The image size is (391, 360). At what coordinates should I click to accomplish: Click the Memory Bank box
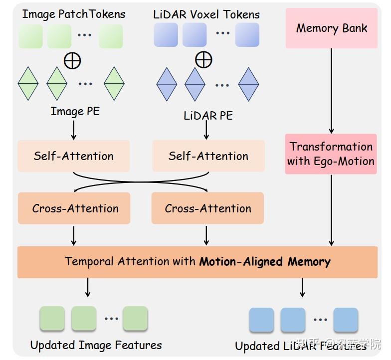(x=331, y=28)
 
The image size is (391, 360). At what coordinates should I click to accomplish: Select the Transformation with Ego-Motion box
(x=331, y=154)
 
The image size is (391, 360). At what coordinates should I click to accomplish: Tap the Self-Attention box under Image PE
(x=74, y=156)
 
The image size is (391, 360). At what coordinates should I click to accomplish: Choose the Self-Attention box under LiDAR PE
(x=208, y=156)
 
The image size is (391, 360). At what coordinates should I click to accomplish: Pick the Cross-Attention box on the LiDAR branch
(x=208, y=208)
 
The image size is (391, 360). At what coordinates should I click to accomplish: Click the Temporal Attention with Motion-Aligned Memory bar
(x=197, y=262)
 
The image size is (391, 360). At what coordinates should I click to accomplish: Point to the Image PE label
(x=75, y=111)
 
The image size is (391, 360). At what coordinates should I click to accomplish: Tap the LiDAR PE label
(x=208, y=116)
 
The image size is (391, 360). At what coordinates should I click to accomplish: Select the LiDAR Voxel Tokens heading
(x=206, y=14)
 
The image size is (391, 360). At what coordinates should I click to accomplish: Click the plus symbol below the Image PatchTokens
(x=72, y=60)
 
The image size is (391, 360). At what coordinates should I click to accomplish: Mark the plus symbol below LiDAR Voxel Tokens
(x=203, y=60)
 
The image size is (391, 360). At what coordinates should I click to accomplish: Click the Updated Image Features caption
(x=96, y=345)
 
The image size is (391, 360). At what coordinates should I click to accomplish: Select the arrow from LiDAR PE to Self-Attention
(x=206, y=131)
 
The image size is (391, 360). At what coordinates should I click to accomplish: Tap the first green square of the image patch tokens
(x=31, y=36)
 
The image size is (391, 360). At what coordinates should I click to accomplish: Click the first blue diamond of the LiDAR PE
(x=167, y=84)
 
